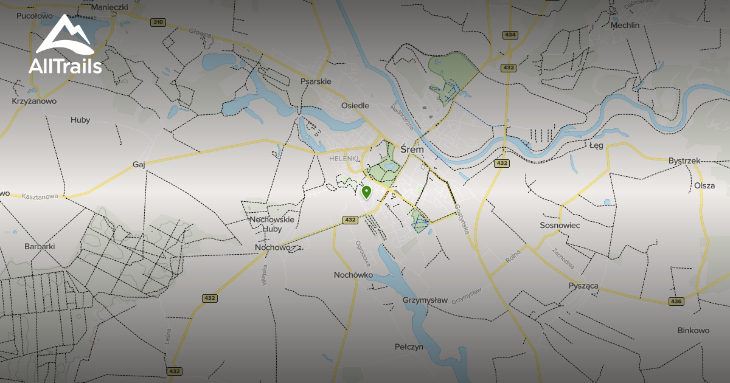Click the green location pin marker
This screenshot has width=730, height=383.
click(366, 192)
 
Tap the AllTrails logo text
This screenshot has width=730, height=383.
click(65, 66)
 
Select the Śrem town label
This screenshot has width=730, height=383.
click(412, 149)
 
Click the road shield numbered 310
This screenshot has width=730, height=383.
click(158, 22)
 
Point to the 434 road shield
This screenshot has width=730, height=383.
click(510, 35)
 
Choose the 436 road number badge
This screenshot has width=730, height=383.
click(676, 302)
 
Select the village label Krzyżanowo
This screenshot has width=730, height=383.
click(34, 101)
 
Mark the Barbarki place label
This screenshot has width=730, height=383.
click(40, 246)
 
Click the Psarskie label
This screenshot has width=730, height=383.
click(316, 81)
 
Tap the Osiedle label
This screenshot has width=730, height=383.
click(355, 105)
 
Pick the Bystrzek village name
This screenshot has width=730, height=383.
click(684, 160)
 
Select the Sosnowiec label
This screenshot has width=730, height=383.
click(560, 225)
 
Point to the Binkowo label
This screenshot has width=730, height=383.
click(693, 331)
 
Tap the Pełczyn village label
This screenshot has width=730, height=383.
click(409, 347)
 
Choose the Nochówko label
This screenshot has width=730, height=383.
click(353, 275)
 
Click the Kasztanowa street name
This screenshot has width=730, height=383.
click(39, 197)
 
